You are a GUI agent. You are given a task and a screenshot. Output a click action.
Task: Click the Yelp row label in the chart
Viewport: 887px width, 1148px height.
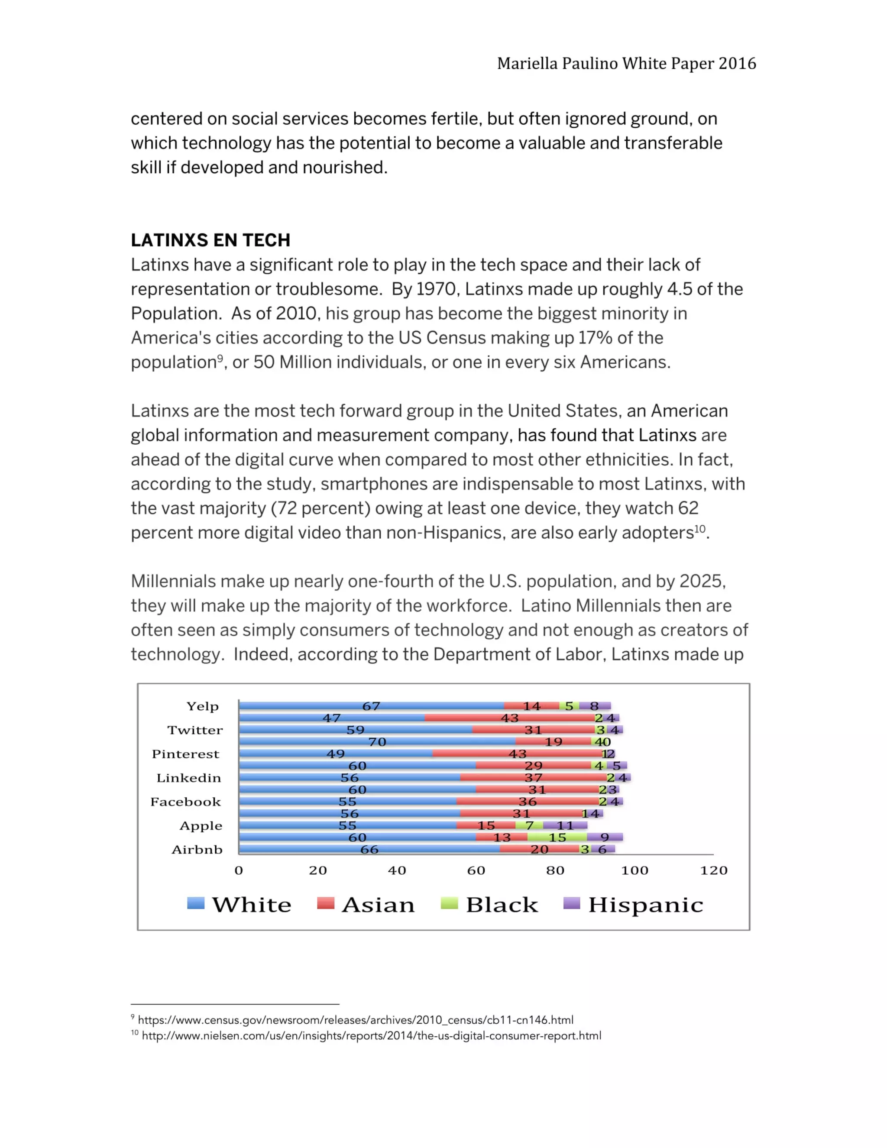pyautogui.click(x=202, y=706)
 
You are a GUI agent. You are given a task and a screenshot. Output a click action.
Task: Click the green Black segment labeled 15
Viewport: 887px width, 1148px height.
pyautogui.click(x=557, y=838)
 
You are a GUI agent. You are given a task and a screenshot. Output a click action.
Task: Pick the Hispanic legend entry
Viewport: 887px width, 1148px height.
pyautogui.click(x=634, y=905)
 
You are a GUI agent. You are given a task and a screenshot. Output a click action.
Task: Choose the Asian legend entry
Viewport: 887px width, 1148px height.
pyautogui.click(x=366, y=905)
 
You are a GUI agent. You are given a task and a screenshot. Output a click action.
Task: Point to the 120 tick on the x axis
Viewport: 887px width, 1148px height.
pyautogui.click(x=713, y=870)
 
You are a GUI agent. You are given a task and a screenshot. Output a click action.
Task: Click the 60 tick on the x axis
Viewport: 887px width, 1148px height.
pyautogui.click(x=476, y=870)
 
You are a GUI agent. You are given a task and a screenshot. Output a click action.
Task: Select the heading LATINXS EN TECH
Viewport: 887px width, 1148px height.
pyautogui.click(x=210, y=240)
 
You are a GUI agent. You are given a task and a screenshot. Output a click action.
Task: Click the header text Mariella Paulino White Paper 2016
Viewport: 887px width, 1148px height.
pyautogui.click(x=626, y=64)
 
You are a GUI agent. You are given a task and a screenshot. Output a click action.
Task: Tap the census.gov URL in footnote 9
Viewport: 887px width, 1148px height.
pyautogui.click(x=356, y=1020)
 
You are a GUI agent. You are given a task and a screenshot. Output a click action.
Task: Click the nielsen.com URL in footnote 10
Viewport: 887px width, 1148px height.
pyautogui.click(x=371, y=1036)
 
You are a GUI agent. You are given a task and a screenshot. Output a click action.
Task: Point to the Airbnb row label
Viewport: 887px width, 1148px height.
pyautogui.click(x=197, y=850)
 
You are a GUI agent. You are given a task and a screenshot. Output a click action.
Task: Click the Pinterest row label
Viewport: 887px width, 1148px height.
pyautogui.click(x=186, y=754)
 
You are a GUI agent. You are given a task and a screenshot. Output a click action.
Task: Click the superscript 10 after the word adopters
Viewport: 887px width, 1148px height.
pyautogui.click(x=700, y=529)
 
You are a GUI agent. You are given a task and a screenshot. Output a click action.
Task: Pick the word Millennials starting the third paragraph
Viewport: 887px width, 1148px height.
pyautogui.click(x=173, y=581)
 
